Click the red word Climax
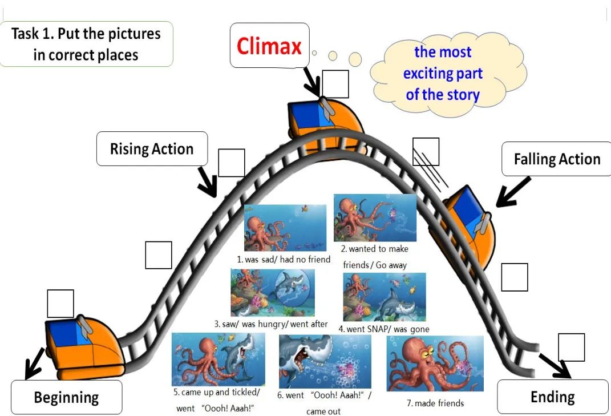[x=269, y=46]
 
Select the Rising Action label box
[x=152, y=149]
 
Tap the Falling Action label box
[x=557, y=159]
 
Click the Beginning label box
[x=66, y=397]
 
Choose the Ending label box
[x=552, y=397]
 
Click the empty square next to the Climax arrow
[x=335, y=84]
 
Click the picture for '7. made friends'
[x=435, y=364]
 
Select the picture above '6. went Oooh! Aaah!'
[x=325, y=361]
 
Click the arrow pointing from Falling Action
[x=513, y=191]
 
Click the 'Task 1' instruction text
[x=86, y=44]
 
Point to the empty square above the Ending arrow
[x=571, y=347]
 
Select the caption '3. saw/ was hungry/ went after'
[x=271, y=324]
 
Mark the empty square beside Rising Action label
[x=231, y=163]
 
